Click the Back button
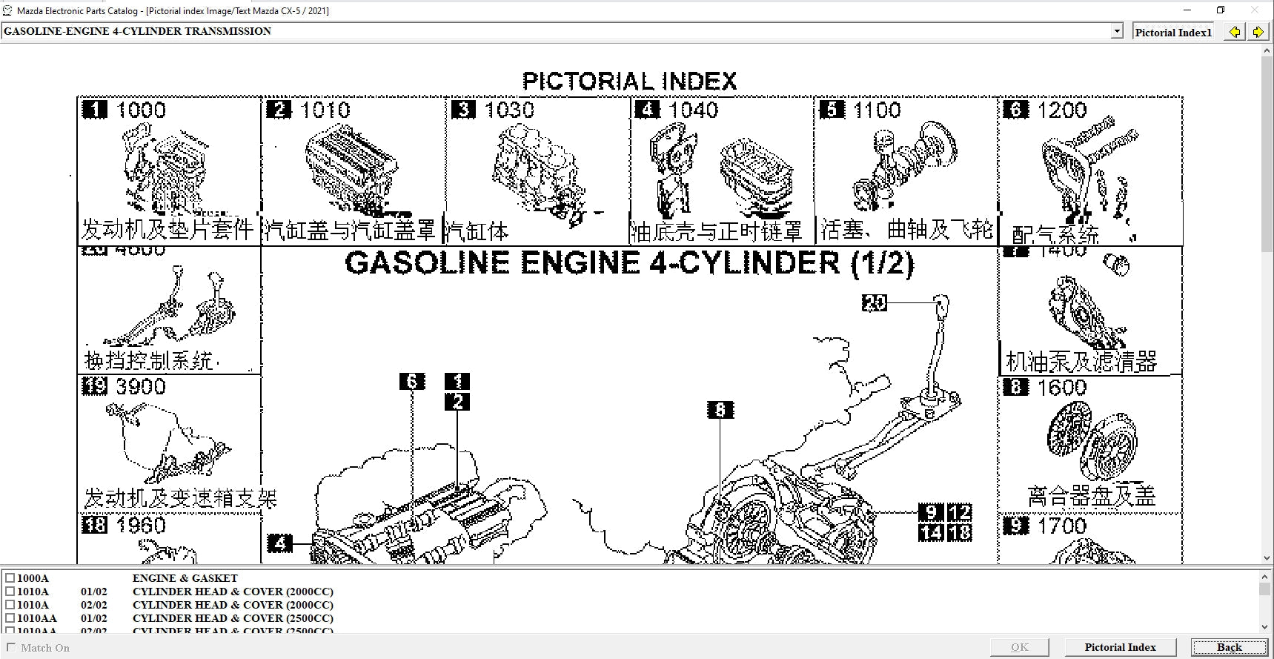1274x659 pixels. click(x=1228, y=647)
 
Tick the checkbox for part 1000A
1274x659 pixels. click(x=10, y=578)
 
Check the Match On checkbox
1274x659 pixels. click(x=10, y=647)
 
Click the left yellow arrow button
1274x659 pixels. click(x=1234, y=32)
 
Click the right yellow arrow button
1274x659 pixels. click(x=1258, y=32)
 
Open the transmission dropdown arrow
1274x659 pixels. click(x=1117, y=31)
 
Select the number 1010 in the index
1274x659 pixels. click(x=325, y=110)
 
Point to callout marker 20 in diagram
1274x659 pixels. click(x=875, y=302)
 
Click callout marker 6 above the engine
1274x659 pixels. click(x=412, y=382)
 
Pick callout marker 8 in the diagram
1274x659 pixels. click(x=720, y=410)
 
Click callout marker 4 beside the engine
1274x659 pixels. click(x=279, y=543)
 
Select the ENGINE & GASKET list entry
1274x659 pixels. click(x=185, y=578)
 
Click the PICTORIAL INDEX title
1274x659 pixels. click(x=629, y=81)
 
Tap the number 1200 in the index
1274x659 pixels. click(x=1061, y=110)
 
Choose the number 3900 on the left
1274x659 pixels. click(x=140, y=387)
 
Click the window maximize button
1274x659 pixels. click(x=1221, y=10)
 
